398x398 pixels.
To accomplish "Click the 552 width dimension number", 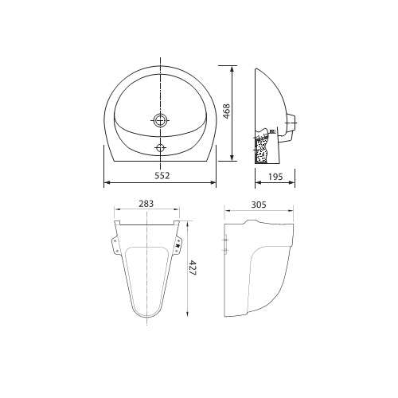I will [161, 174].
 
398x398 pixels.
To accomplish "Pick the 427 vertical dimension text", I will [193, 270].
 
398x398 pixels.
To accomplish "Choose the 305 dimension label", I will [258, 205].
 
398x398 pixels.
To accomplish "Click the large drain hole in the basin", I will [161, 121].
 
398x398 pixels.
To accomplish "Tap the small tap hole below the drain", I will [161, 146].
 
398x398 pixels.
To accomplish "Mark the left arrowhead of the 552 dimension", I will [107, 182].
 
